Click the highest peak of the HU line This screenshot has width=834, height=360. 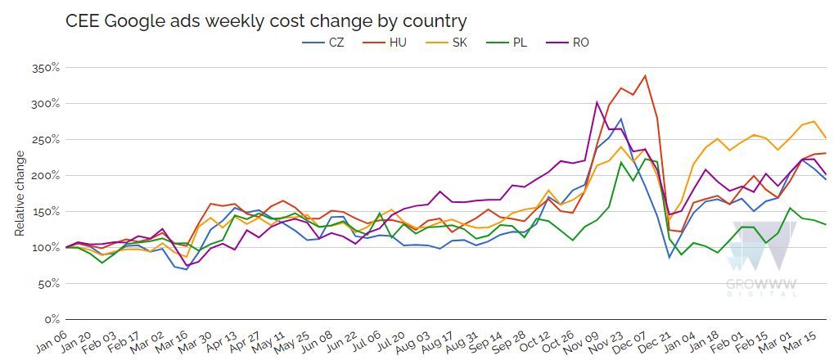[646, 76]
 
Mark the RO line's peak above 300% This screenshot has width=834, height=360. [597, 102]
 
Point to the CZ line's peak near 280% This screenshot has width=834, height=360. [621, 119]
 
